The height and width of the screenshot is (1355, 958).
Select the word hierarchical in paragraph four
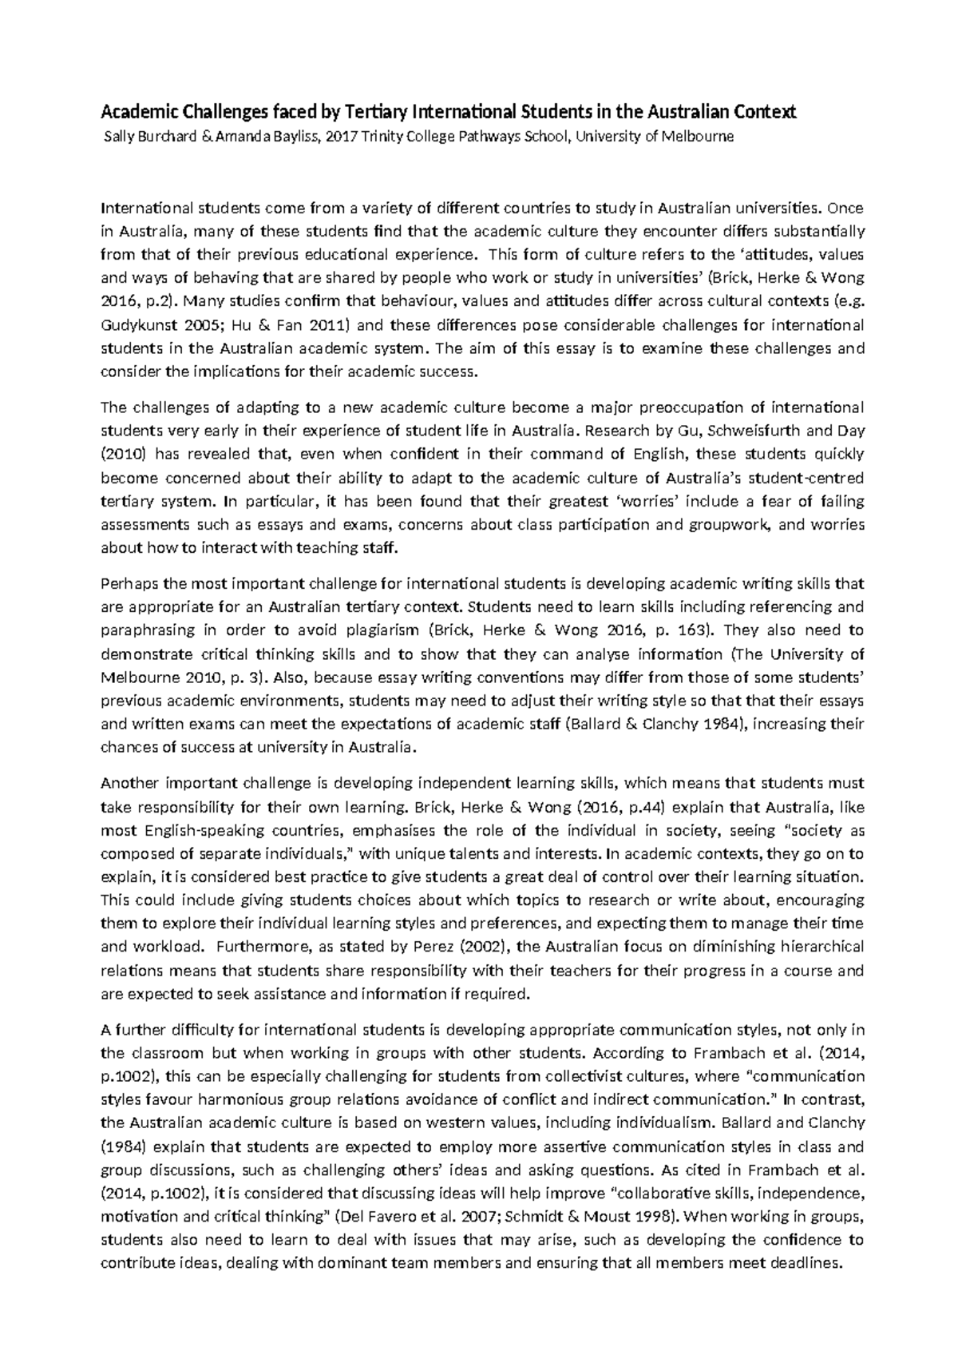click(x=825, y=947)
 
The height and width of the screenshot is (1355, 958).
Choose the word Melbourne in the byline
click(x=696, y=137)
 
